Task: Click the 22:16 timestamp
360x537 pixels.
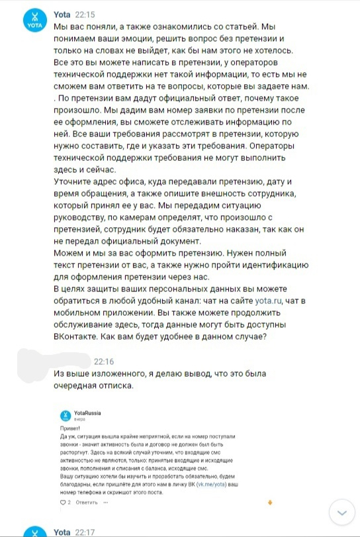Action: pyautogui.click(x=105, y=362)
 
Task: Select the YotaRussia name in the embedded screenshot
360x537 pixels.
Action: pyautogui.click(x=88, y=413)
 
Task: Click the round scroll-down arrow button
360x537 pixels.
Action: pyautogui.click(x=342, y=513)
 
